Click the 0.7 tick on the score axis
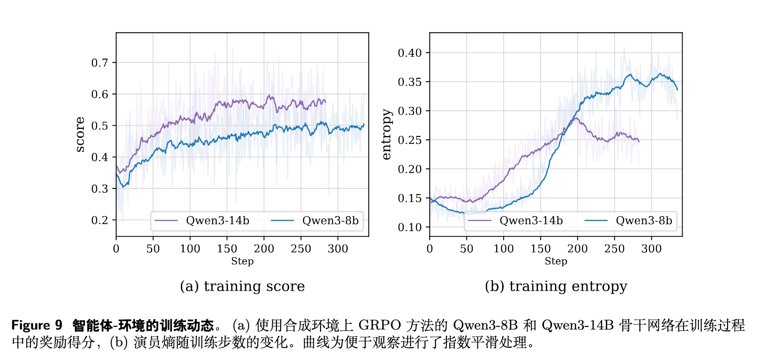click(100, 63)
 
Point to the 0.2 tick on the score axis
click(100, 220)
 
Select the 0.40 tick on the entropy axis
click(410, 53)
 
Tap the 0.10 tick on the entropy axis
click(410, 227)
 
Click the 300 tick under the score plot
click(338, 249)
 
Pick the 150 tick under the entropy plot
click(541, 249)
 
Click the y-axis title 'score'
click(80, 135)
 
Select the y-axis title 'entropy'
click(386, 135)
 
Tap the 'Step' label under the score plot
click(242, 262)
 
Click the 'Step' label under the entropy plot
click(556, 262)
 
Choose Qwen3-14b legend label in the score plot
click(217, 221)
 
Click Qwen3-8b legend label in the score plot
click(330, 221)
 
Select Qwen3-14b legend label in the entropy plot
click(531, 221)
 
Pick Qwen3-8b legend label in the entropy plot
click(644, 221)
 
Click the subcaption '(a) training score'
click(242, 286)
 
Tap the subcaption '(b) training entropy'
click(556, 286)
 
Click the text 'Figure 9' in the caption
click(37, 325)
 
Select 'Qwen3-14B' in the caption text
click(578, 325)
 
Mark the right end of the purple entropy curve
click(639, 141)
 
